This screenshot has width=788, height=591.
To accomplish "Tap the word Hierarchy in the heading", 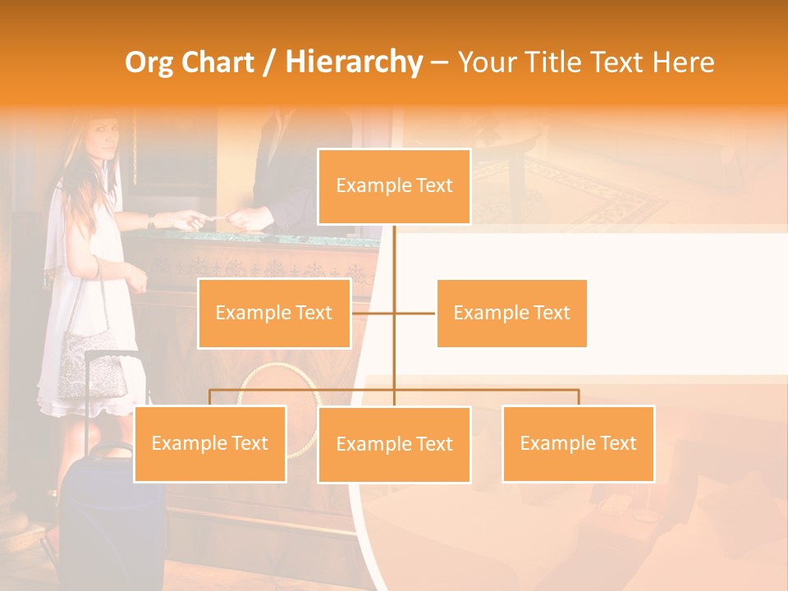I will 353,62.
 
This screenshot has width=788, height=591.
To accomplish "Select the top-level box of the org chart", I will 394,186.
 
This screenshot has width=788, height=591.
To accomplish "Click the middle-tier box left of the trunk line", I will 274,313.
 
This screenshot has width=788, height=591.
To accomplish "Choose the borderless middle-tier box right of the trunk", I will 511,313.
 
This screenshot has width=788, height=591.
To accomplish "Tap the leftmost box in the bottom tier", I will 210,443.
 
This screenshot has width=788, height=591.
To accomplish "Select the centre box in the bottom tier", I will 394,444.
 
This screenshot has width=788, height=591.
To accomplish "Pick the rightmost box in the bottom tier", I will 578,443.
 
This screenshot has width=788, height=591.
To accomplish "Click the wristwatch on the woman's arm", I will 151,221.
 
